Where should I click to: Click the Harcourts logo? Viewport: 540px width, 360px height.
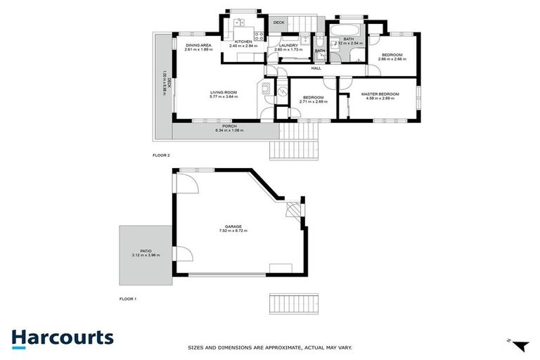click(62, 337)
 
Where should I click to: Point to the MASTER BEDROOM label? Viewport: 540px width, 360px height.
click(380, 94)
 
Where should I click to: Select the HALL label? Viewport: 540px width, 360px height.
click(316, 68)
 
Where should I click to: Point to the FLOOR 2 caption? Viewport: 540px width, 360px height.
click(161, 155)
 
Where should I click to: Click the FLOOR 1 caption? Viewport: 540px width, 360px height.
click(127, 299)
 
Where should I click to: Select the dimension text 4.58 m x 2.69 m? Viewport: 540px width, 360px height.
click(380, 98)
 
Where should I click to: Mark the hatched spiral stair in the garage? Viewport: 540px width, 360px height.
click(292, 210)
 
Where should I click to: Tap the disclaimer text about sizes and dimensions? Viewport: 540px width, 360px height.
click(270, 347)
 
